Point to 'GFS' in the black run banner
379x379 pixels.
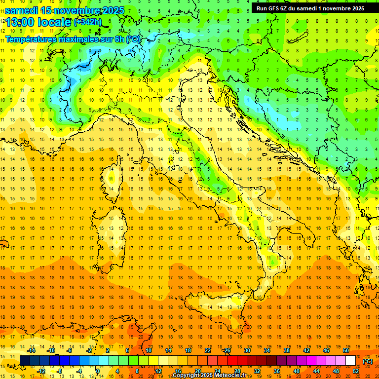pos(275,8)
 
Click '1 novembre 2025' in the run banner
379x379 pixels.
pos(338,8)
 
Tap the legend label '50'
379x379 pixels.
pos(346,350)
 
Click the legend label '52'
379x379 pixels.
pos(356,371)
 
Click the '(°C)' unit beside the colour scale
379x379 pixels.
pos(368,361)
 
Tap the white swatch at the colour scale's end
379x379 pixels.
pos(351,361)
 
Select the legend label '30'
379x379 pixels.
pos(247,350)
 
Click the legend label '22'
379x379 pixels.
pos(208,350)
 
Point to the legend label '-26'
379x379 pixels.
pos(227,350)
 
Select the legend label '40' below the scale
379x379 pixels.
pos(297,371)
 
